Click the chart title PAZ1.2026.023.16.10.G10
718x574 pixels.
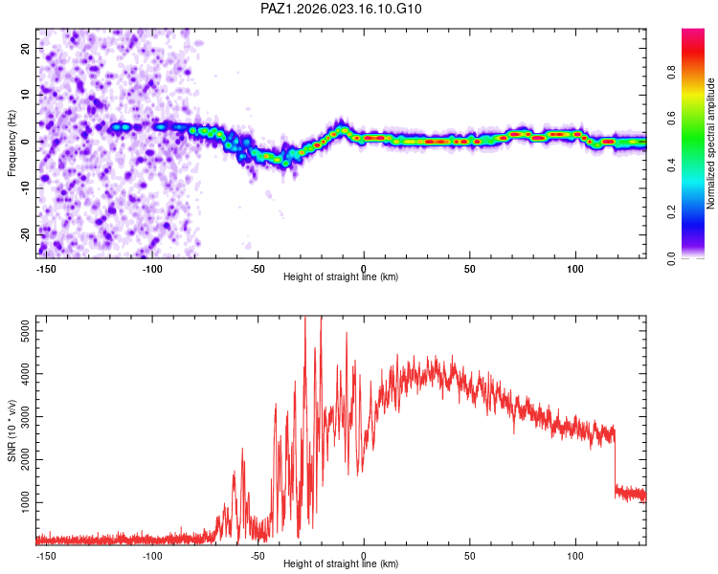[x=342, y=9]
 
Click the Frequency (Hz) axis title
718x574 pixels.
[x=12, y=143]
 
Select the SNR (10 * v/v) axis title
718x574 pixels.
[x=12, y=430]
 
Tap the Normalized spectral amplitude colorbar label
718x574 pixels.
[x=710, y=143]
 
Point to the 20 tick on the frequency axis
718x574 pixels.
[x=26, y=48]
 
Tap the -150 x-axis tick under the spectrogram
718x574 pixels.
[x=44, y=269]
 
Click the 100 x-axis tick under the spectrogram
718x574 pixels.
[x=576, y=269]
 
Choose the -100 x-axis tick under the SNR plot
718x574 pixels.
[x=151, y=556]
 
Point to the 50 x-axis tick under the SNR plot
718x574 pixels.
[x=470, y=556]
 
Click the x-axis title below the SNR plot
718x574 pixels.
[x=341, y=564]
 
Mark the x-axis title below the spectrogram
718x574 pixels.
[x=341, y=277]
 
